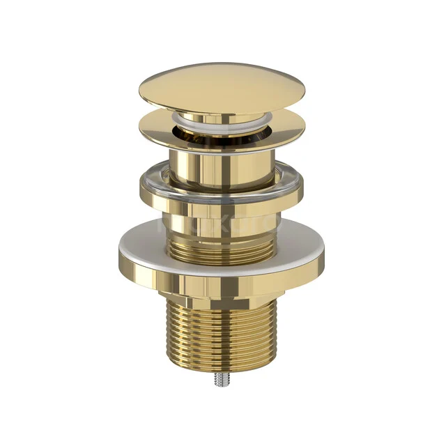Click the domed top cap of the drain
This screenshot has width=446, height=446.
click(x=222, y=84)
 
